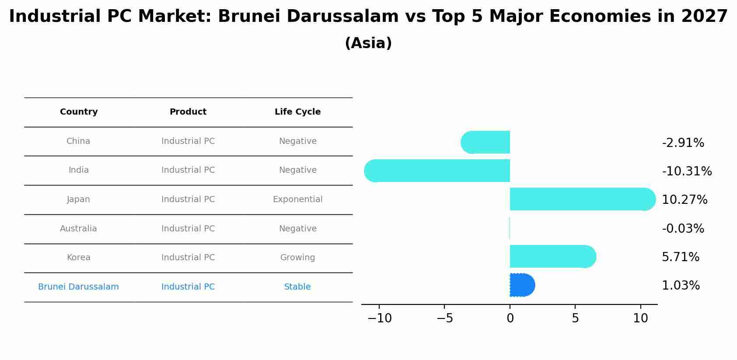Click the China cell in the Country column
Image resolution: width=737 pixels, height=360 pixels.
(78, 141)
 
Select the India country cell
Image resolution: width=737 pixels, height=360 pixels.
(79, 170)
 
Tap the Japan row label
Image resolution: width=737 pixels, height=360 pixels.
(78, 199)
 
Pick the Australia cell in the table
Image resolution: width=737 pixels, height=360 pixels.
(78, 229)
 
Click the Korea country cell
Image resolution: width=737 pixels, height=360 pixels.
(79, 257)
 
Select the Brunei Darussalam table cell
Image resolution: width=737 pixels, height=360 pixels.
(78, 287)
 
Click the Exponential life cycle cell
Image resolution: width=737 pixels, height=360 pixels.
(298, 199)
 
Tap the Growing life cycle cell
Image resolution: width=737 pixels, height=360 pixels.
(298, 257)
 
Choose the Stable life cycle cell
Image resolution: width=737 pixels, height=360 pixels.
(297, 287)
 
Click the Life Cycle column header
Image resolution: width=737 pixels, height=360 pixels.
(298, 112)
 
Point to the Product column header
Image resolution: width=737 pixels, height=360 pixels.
(188, 112)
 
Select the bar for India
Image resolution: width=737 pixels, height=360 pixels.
(437, 171)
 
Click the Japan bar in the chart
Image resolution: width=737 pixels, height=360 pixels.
(583, 199)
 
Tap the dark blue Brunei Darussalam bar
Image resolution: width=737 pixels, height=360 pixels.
(523, 285)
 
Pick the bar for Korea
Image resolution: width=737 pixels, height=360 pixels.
(553, 256)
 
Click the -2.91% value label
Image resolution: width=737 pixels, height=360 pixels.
(683, 143)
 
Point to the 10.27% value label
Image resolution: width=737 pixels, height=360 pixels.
(685, 200)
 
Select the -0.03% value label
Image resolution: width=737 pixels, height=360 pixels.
(683, 228)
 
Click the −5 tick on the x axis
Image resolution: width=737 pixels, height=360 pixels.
(444, 318)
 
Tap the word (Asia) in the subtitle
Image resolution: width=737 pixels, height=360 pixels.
(368, 43)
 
